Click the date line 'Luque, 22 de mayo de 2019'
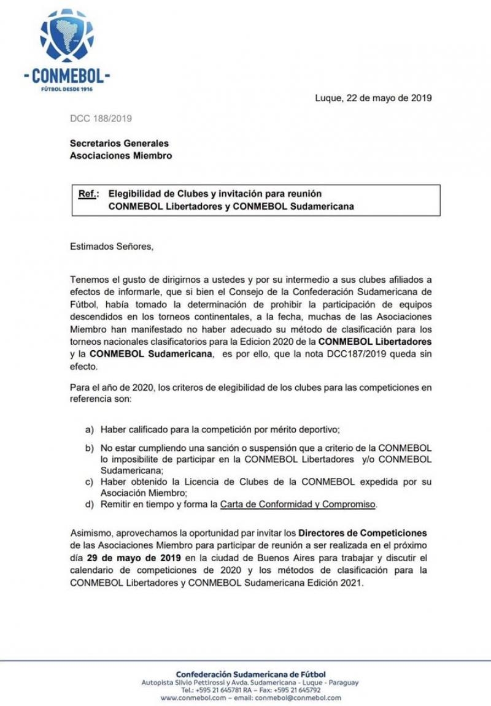click(373, 98)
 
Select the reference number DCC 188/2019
click(101, 118)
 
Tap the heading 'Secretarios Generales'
click(119, 143)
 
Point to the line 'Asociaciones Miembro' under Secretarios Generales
click(120, 155)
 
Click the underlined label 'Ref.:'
click(88, 194)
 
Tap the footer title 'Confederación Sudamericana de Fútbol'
click(250, 674)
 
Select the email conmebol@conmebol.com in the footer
click(298, 697)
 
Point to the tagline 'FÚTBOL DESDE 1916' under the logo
click(66, 89)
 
